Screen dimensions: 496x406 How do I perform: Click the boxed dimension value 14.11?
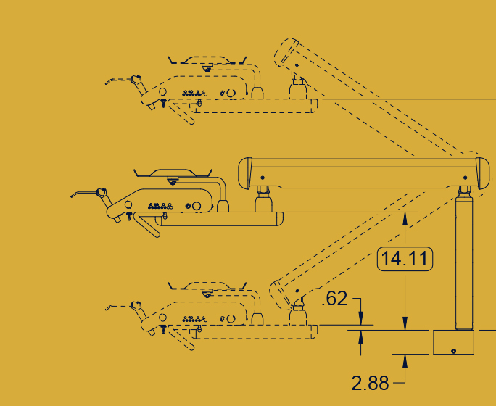pos(405,259)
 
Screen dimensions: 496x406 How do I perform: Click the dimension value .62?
pos(334,299)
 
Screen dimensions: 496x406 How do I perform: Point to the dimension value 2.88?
pos(370,383)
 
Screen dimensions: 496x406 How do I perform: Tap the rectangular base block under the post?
pos(453,342)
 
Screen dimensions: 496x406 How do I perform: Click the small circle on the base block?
pos(454,351)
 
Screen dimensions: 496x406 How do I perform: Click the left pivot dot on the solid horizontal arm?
pos(263,178)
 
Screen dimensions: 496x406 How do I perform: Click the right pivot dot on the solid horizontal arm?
pos(465,178)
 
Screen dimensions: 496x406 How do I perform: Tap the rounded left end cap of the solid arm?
pos(245,173)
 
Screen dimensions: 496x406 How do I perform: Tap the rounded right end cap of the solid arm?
pos(483,173)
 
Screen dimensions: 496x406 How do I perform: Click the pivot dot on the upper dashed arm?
pos(297,65)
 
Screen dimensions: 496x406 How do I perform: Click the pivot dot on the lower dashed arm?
pos(297,291)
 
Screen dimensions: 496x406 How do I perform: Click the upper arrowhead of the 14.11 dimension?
pos(405,218)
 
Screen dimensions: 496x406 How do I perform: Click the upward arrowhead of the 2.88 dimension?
pos(405,361)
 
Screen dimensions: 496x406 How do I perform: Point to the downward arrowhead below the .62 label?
pos(360,318)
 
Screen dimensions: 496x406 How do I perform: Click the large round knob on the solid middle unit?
pos(197,206)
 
